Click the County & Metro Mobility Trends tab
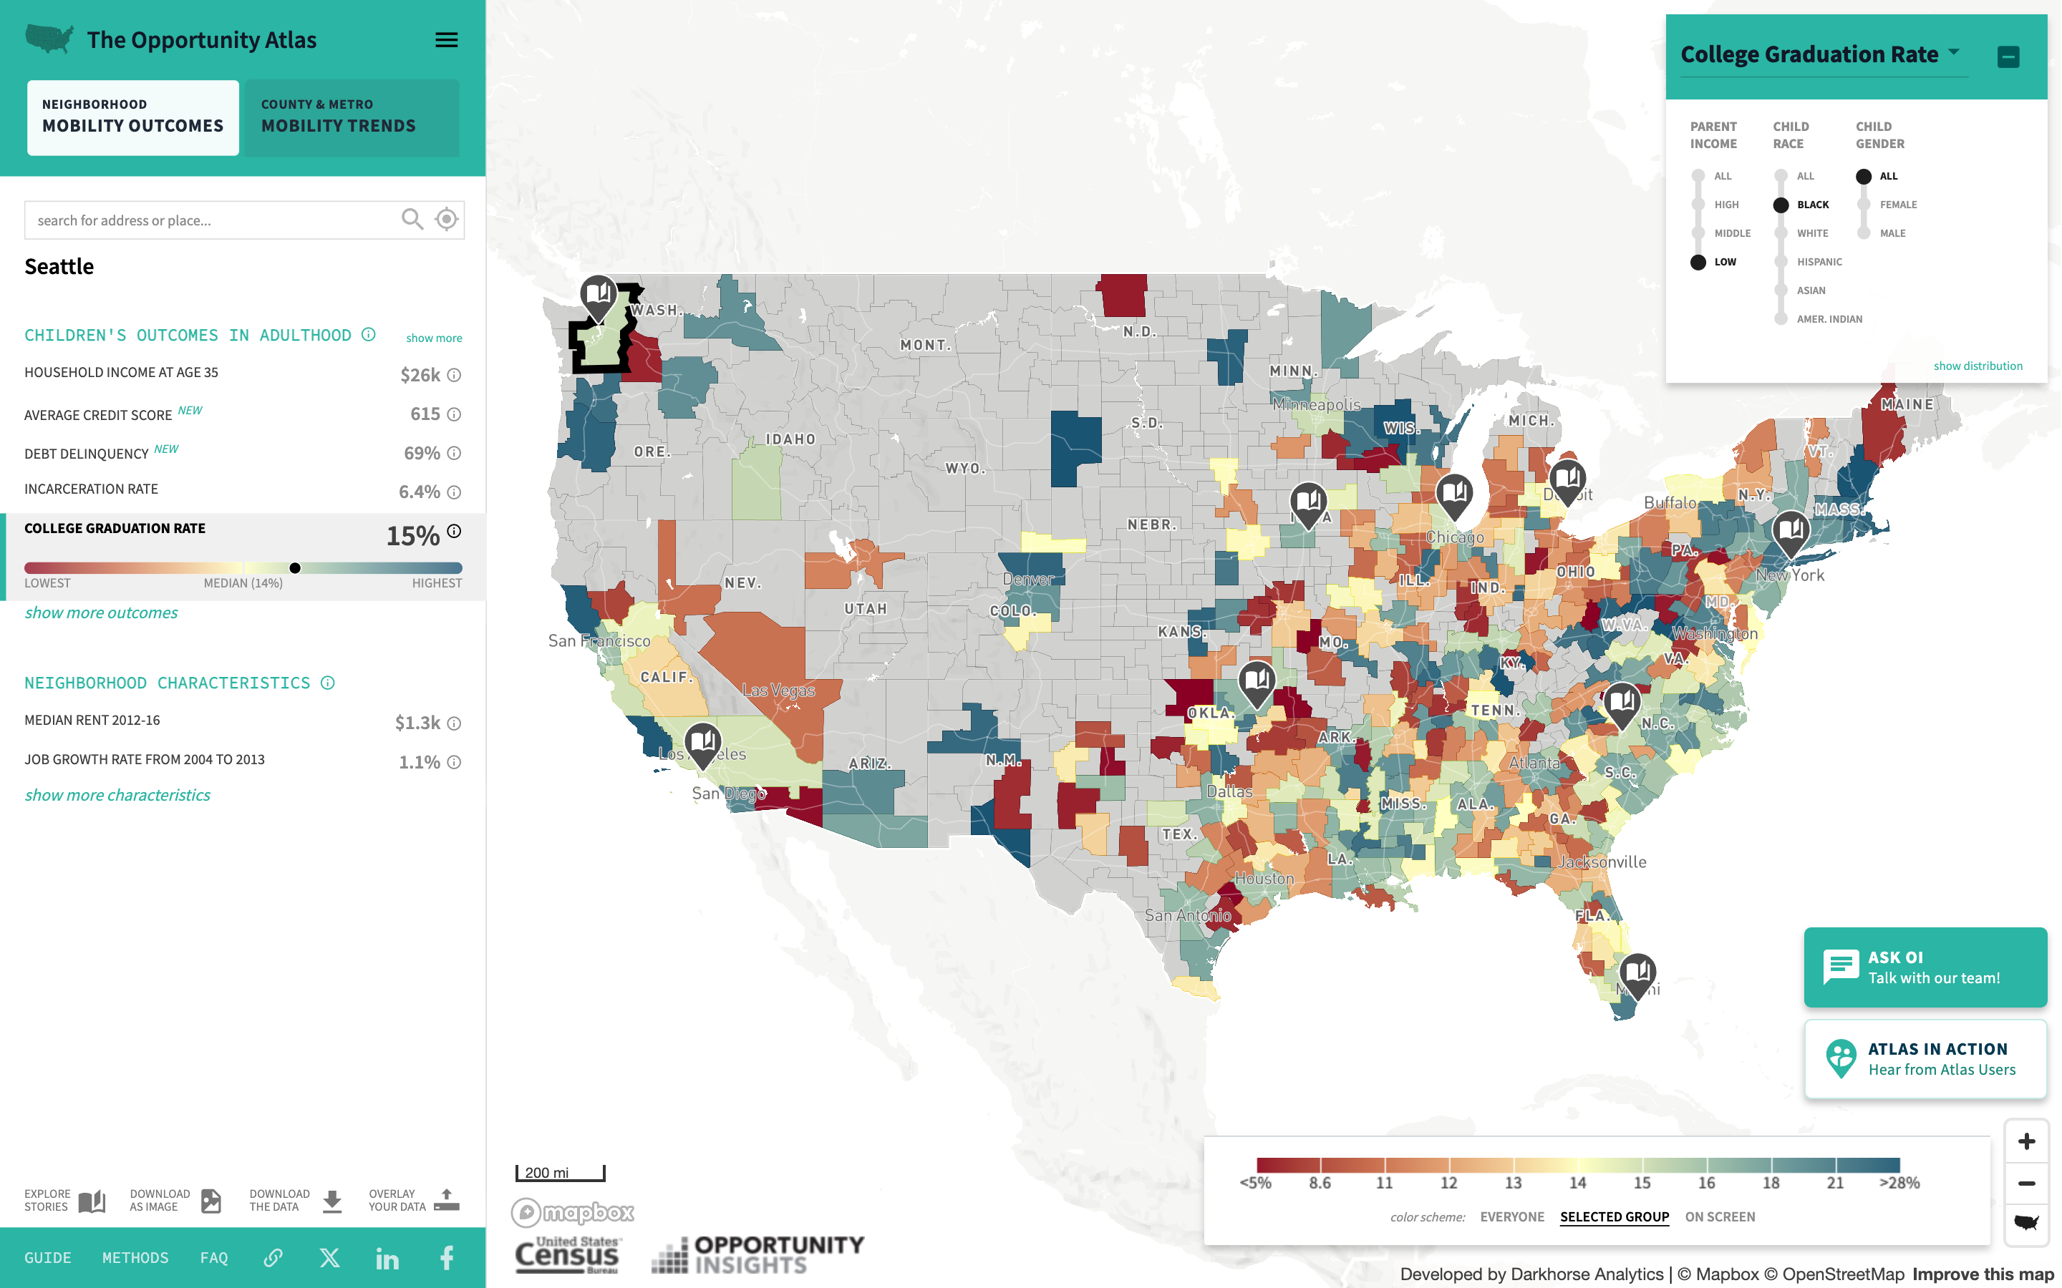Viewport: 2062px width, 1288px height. [x=350, y=117]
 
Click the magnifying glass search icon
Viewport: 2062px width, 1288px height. [x=412, y=220]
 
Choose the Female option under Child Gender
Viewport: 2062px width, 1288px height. [x=1864, y=205]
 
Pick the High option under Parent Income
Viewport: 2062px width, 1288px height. [x=1698, y=205]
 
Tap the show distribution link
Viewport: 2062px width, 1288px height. [x=1977, y=366]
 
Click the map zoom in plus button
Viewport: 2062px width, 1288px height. [x=2026, y=1141]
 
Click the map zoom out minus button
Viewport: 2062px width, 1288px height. [x=2026, y=1184]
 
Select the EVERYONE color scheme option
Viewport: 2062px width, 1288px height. [x=1511, y=1216]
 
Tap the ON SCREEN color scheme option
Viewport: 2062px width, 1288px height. [x=1720, y=1216]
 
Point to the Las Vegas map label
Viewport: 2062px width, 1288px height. [x=778, y=690]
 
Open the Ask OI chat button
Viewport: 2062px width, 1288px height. [x=1924, y=967]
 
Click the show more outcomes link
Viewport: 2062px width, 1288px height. [x=102, y=613]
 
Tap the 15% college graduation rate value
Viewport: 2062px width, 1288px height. [x=412, y=536]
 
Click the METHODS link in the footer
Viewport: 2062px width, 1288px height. [x=135, y=1257]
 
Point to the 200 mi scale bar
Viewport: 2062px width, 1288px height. [x=560, y=1173]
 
